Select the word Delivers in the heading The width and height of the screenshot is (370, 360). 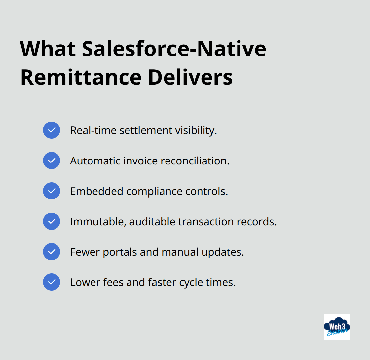[x=190, y=77]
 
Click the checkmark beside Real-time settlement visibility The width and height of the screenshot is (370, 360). [x=52, y=130]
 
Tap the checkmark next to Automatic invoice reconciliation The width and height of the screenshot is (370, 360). [x=52, y=161]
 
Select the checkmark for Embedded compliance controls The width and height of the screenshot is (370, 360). [x=52, y=191]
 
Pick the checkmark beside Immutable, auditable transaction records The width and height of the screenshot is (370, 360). [x=52, y=221]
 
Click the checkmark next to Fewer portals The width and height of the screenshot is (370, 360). [x=52, y=252]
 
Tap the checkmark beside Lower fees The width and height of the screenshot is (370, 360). [x=52, y=282]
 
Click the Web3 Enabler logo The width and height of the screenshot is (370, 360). [x=337, y=327]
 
